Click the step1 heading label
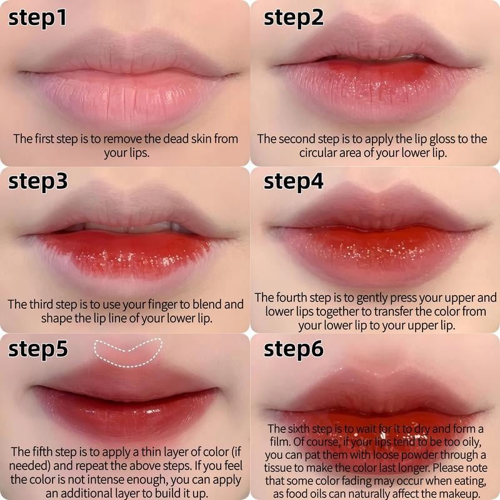[37, 17]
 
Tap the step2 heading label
[294, 17]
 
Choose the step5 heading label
[37, 348]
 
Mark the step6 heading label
[294, 348]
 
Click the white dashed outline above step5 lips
[127, 351]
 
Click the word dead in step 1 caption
[164, 139]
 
